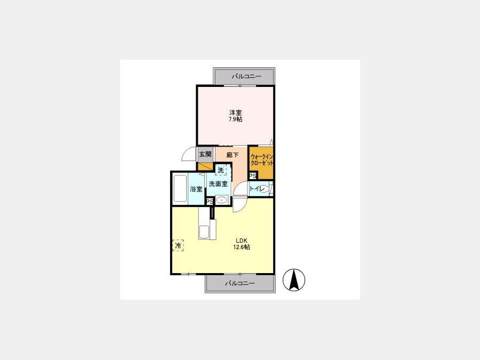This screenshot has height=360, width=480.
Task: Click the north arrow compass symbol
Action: pos(294,280)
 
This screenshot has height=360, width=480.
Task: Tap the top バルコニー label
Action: pos(246,76)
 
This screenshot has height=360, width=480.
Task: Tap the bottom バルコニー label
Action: pos(240,284)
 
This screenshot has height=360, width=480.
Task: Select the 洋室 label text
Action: pos(236,113)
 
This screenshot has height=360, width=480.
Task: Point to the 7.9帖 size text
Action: pos(236,119)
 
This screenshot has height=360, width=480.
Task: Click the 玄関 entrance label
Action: pos(205,154)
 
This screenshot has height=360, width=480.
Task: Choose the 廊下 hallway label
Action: pos(233,155)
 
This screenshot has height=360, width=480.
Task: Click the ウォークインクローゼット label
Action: pos(262,160)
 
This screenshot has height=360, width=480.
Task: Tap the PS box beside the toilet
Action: pos(253,176)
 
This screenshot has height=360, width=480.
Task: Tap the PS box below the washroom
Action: pos(210,202)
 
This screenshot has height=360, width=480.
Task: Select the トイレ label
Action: pos(256,189)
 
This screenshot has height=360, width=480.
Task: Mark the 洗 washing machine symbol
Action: pos(221,170)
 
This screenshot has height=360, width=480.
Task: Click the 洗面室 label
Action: pos(218,183)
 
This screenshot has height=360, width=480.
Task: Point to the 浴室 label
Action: pos(196,189)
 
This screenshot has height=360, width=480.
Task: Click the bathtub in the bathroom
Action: pos(180,188)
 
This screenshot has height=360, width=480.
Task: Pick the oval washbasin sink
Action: pos(221,201)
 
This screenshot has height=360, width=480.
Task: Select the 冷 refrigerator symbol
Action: pos(178,245)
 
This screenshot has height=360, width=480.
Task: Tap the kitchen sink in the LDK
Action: pos(204,232)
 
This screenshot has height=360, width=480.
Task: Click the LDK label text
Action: pos(241,241)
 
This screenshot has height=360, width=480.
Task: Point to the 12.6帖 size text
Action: pos(242,247)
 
